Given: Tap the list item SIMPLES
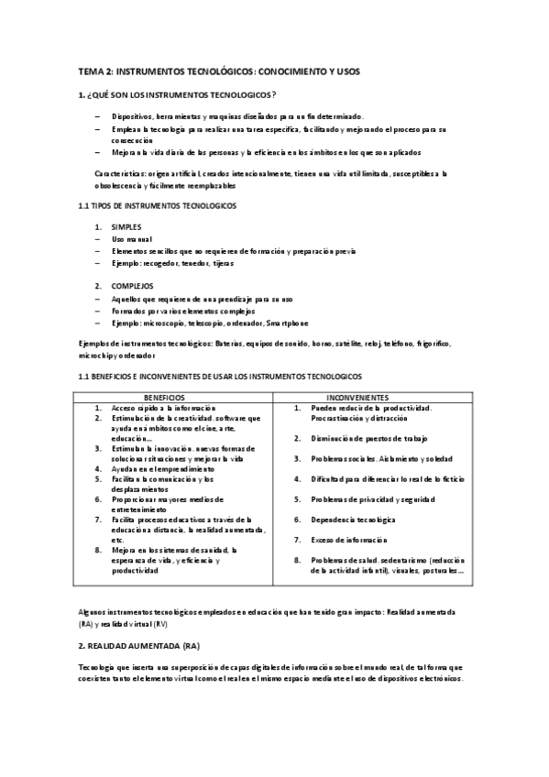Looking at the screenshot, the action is pyautogui.click(x=126, y=225).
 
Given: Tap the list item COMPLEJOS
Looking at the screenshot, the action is pyautogui.click(x=131, y=285).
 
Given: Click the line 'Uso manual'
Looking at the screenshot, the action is pyautogui.click(x=132, y=238).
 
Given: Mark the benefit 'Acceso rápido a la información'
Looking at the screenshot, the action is pyautogui.click(x=164, y=407).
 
